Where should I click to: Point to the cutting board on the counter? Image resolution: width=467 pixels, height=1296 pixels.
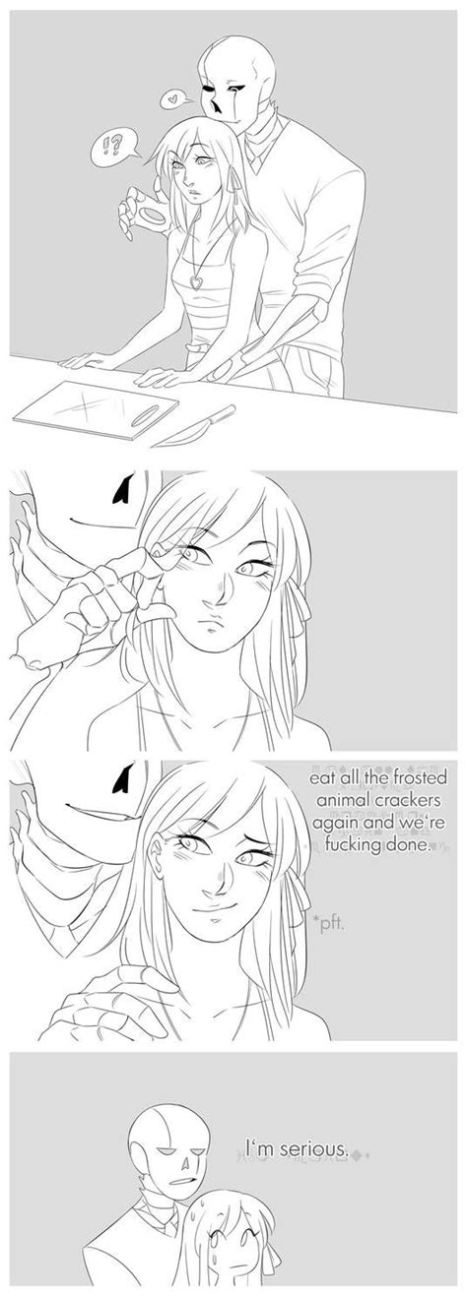[97, 411]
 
